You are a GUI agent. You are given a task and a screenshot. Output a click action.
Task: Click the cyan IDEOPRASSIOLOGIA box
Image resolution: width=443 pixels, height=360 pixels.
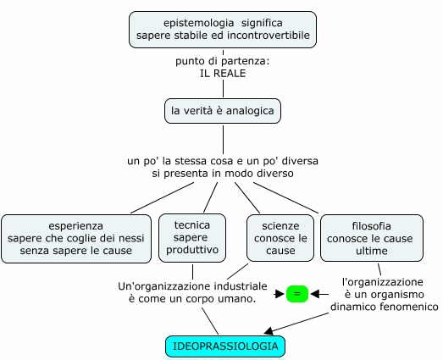pyautogui.click(x=225, y=346)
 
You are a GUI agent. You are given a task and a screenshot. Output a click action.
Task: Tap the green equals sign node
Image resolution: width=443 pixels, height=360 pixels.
pyautogui.click(x=297, y=294)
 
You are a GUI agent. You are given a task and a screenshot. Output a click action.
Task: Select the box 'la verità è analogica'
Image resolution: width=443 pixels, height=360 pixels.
pyautogui.click(x=223, y=111)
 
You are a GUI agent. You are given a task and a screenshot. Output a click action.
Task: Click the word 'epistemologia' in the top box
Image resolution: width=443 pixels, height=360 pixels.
pyautogui.click(x=198, y=23)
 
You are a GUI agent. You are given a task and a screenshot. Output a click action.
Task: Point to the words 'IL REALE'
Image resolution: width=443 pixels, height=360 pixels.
pyautogui.click(x=223, y=74)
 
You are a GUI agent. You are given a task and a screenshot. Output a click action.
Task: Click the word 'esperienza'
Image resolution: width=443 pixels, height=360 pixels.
pyautogui.click(x=76, y=226)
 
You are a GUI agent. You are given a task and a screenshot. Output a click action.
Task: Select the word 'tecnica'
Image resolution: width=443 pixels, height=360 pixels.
pyautogui.click(x=192, y=225)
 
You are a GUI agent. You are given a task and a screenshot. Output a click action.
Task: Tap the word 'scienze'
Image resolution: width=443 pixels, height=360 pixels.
pyautogui.click(x=280, y=226)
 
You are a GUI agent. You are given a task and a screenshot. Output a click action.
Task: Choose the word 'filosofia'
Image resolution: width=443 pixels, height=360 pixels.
pyautogui.click(x=372, y=226)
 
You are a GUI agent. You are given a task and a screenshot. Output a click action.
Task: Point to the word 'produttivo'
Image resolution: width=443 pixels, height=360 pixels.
pyautogui.click(x=192, y=250)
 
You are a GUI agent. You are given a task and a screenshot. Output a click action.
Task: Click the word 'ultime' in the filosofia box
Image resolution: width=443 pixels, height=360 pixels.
pyautogui.click(x=372, y=251)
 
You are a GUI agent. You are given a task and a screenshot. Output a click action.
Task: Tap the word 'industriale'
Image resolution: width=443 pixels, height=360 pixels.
pyautogui.click(x=241, y=286)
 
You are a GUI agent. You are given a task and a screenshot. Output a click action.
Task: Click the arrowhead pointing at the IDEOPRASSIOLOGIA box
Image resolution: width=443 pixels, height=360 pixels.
pyautogui.click(x=269, y=331)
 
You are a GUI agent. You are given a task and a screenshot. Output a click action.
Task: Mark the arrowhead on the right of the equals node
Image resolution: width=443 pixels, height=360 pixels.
pyautogui.click(x=315, y=294)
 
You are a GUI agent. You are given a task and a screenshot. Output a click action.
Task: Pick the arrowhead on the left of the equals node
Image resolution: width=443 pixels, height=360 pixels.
pyautogui.click(x=280, y=294)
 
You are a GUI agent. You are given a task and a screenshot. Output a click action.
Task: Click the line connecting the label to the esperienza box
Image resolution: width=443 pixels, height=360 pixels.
pyautogui.click(x=162, y=197)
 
